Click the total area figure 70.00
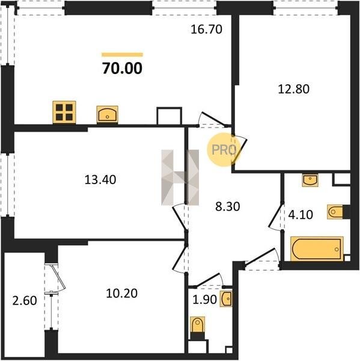pos(123,69)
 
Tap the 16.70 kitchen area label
pos(207,29)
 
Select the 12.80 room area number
pos(294,89)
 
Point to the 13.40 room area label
pos(100,180)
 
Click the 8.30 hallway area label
pos(228,206)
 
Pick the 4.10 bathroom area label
pos(301,215)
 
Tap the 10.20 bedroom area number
pos(122,294)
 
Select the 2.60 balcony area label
pos(25,301)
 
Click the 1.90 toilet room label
pos(204,300)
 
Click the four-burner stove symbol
pos(64,112)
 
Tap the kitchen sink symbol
pos(107,114)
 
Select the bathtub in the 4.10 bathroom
pos(317,249)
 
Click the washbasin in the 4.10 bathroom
pos(310,180)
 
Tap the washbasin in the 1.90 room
pos(226,299)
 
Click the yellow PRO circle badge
pos(224,150)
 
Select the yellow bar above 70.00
pos(123,55)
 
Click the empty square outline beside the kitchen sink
pos(169,116)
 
